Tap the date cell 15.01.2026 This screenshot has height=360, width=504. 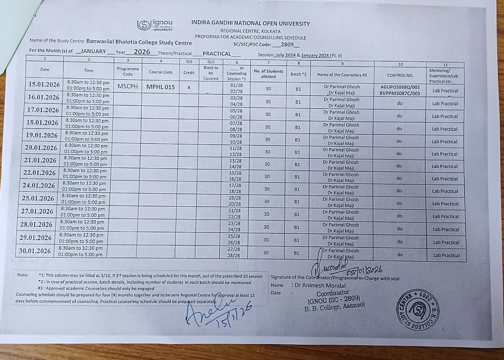44,84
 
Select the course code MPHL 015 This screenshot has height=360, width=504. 160,87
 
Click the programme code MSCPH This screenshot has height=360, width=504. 128,86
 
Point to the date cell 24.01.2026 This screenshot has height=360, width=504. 38,186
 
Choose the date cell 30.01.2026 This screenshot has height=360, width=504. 35,251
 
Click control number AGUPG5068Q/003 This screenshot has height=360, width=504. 400,87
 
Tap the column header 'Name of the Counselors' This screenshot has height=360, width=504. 342,75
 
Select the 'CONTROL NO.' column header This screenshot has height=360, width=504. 400,75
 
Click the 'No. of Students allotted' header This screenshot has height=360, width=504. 268,74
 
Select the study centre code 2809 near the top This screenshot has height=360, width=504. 287,45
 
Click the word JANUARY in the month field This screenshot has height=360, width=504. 93,51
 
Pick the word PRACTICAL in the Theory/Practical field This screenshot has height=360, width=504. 217,54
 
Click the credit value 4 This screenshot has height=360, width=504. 189,88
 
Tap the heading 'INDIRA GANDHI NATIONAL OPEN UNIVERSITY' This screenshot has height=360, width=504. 250,23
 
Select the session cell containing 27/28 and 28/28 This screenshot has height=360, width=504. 235,252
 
